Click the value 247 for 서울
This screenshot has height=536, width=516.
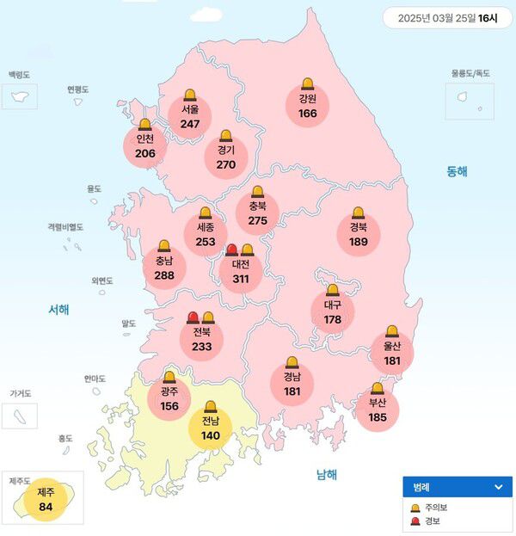click(x=190, y=124)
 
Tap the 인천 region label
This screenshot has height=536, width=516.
click(x=145, y=139)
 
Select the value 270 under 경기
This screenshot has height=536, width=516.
click(x=225, y=164)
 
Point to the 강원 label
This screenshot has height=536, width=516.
click(x=308, y=99)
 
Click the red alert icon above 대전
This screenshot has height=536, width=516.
click(x=231, y=250)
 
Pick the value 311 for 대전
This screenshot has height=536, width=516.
click(x=241, y=279)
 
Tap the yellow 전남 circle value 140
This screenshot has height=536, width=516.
click(x=211, y=435)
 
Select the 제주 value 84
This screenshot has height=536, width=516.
click(x=46, y=506)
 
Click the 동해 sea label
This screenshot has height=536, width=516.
click(x=457, y=171)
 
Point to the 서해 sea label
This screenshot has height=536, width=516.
click(x=58, y=310)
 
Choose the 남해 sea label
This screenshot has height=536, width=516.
click(x=327, y=474)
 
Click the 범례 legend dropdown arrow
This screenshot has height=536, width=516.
click(x=497, y=487)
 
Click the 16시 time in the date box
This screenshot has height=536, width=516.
click(x=488, y=17)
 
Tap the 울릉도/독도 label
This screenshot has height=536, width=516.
click(x=470, y=74)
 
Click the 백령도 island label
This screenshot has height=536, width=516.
click(x=19, y=76)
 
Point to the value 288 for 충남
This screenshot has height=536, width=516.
click(x=163, y=276)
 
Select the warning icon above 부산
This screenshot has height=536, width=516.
click(x=377, y=389)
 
